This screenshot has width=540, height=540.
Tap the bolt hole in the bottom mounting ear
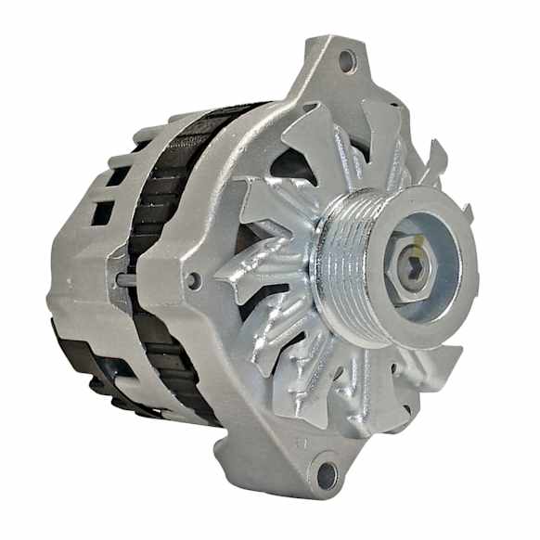[x=327, y=476]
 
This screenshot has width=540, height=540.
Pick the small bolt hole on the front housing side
[x=192, y=279]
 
